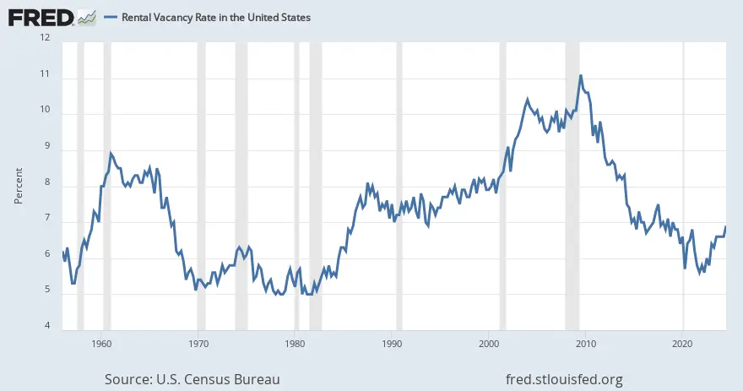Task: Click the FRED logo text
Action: coord(41,16)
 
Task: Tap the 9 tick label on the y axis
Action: coord(46,146)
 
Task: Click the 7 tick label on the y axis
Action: coord(46,219)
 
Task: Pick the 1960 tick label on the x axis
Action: coord(101,345)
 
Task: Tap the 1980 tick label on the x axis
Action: coord(296,345)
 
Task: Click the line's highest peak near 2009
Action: coord(581,76)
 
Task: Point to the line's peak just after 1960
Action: coord(111,153)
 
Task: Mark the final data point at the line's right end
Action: coord(725,226)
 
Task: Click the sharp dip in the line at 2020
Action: coord(685,268)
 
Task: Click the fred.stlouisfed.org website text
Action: coord(562,379)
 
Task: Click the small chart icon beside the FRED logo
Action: coord(86,16)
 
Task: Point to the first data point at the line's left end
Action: coord(62,251)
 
